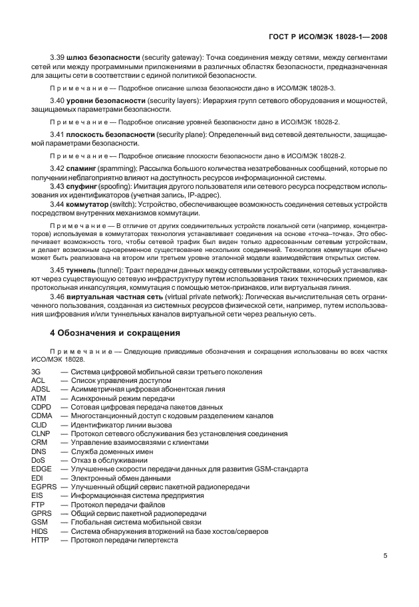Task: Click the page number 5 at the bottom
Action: click(x=386, y=557)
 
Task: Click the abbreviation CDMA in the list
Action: click(x=41, y=416)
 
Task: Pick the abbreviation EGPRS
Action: click(x=44, y=487)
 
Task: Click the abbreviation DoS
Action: click(x=39, y=460)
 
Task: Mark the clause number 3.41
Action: click(x=59, y=134)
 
